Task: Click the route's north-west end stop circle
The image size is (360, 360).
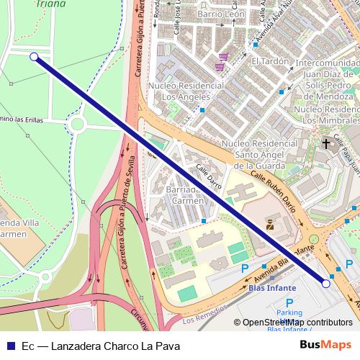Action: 34,56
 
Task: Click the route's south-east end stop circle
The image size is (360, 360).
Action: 326,284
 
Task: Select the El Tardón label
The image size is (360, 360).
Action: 270,61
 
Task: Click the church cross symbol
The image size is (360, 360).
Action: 326,144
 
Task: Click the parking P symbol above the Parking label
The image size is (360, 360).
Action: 289,303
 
